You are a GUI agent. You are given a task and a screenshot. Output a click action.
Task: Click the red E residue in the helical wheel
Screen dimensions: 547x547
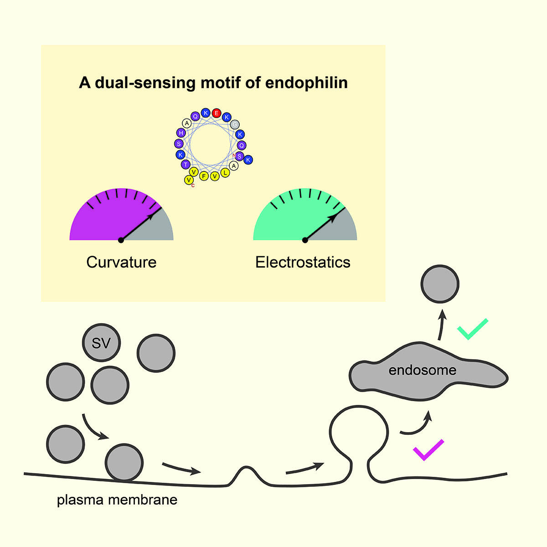coord(217,113)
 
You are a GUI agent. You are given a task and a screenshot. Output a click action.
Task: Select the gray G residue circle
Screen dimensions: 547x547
coord(235,124)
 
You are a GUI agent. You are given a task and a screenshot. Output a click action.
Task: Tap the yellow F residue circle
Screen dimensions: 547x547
coord(204,176)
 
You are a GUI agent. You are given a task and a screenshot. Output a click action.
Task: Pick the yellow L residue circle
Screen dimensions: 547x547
coord(225,173)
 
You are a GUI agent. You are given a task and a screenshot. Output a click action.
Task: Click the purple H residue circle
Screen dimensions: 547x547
coord(181,133)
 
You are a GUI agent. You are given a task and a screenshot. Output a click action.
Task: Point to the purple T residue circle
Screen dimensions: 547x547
coord(185,165)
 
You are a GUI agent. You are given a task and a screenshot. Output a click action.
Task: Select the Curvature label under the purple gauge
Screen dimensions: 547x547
coord(121,262)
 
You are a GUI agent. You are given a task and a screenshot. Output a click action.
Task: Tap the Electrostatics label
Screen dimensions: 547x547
coord(303,262)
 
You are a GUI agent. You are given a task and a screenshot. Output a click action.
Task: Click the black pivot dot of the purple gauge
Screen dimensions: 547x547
coord(121,240)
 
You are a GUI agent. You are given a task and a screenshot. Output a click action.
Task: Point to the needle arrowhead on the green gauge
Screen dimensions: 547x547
coord(334,217)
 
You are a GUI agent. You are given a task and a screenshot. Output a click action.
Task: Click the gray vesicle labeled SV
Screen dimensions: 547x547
coord(101,343)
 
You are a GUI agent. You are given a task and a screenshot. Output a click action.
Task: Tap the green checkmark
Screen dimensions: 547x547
coord(472,329)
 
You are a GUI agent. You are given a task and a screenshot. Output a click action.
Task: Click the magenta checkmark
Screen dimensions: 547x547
coord(428,450)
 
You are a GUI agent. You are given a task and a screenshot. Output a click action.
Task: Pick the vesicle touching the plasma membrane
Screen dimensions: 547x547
coord(124,462)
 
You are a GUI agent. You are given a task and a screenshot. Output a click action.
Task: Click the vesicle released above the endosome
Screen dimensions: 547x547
coord(440,284)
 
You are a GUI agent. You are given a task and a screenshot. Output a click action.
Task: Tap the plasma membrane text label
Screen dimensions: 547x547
coord(117,500)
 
